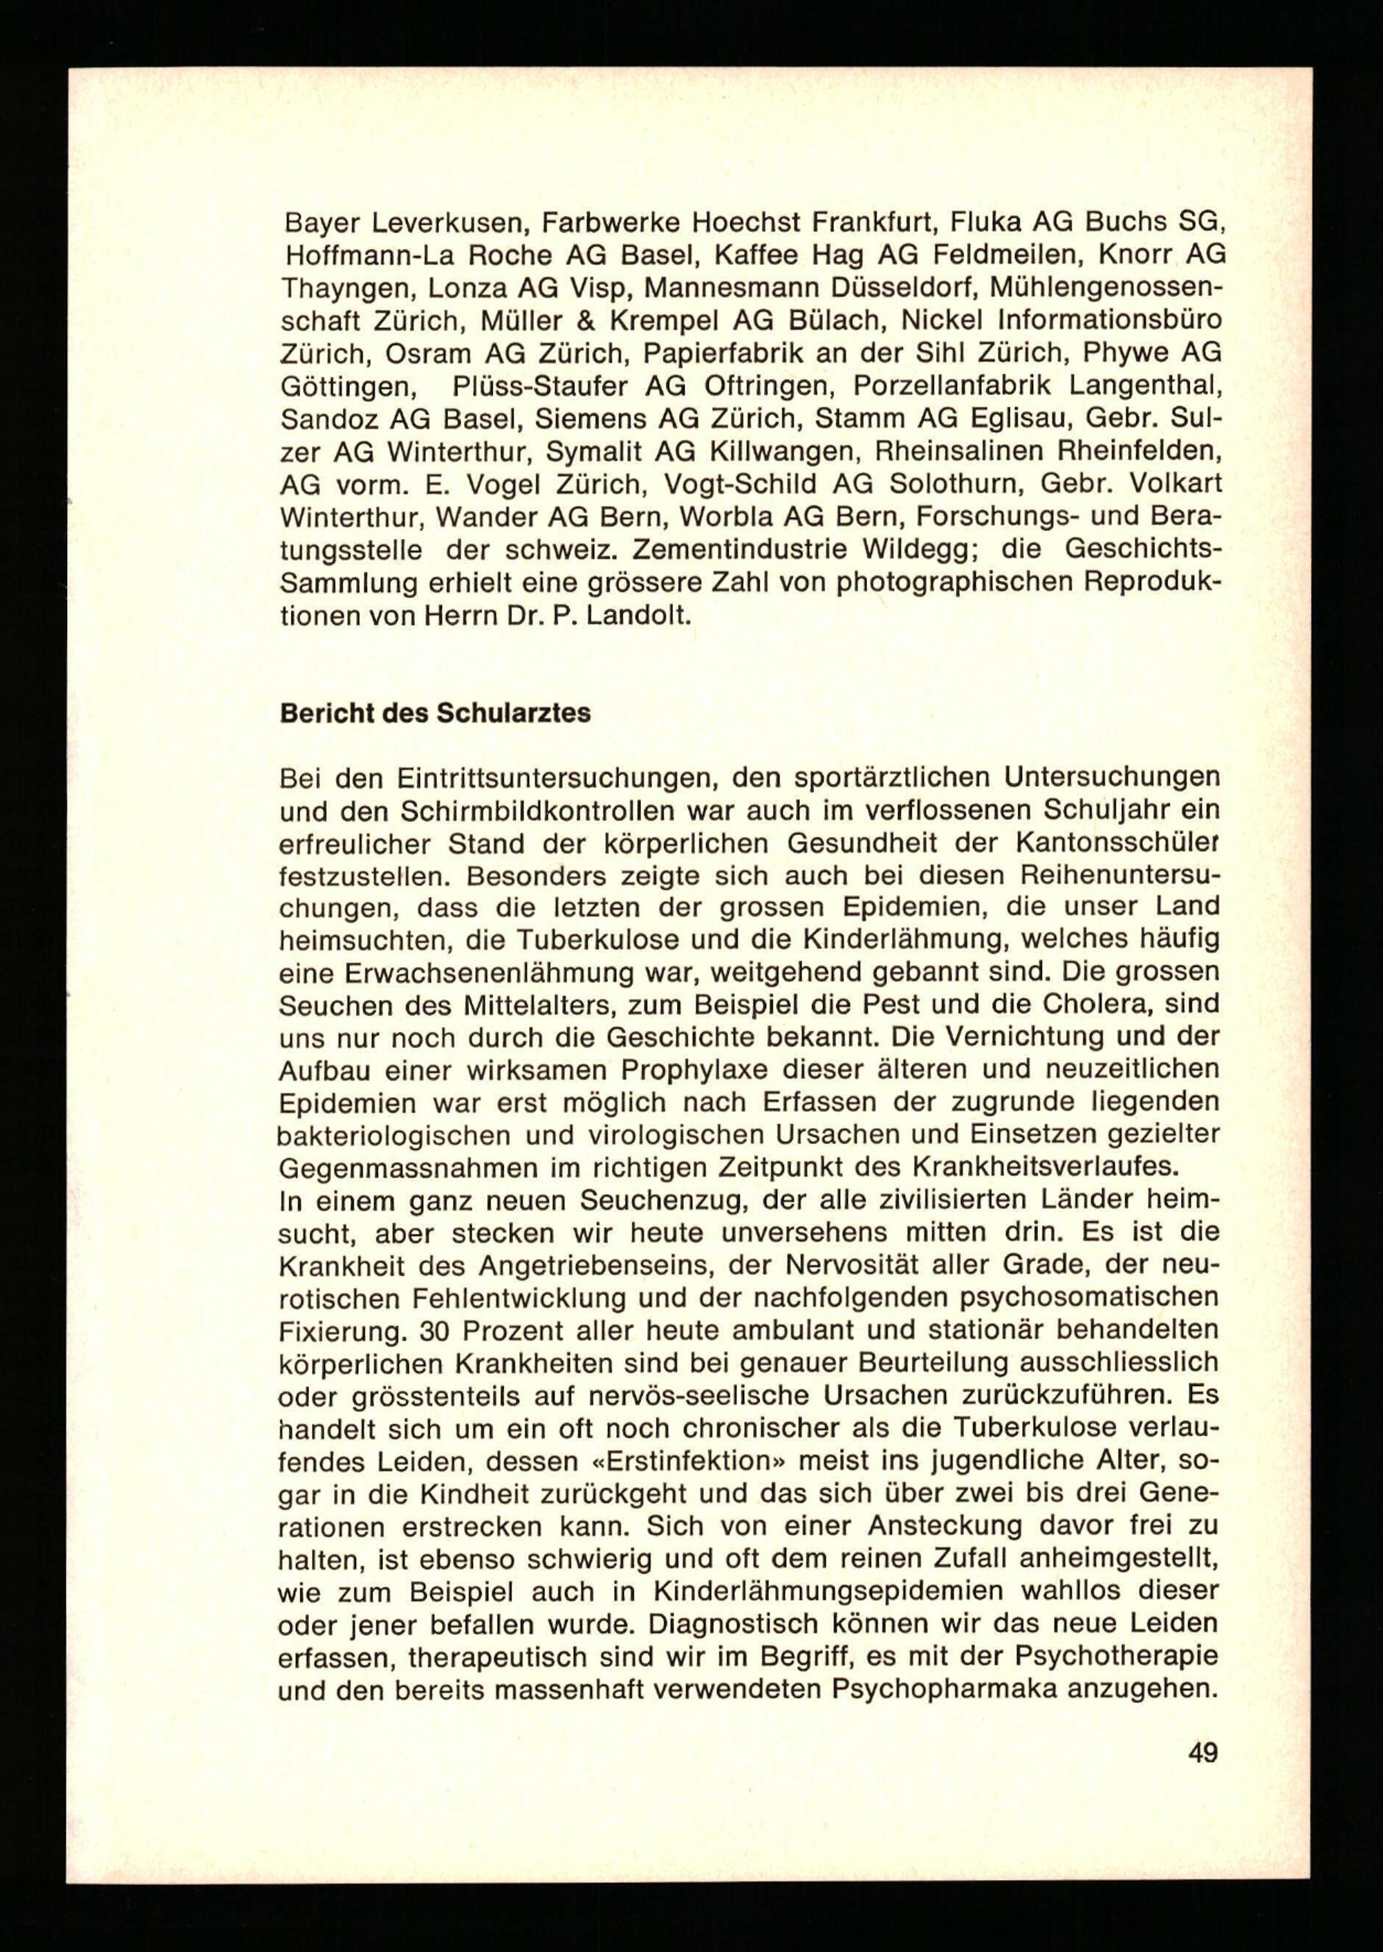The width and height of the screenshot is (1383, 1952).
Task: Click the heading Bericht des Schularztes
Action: pos(435,713)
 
